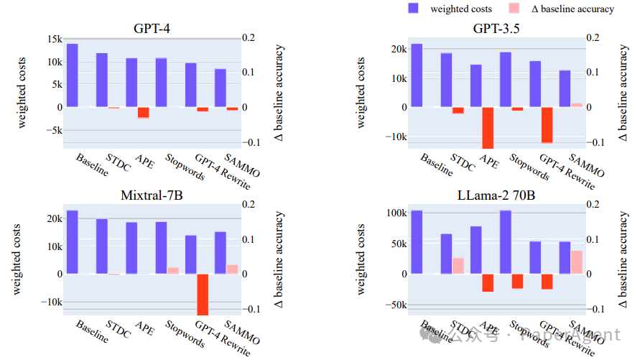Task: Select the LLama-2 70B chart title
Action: (496, 195)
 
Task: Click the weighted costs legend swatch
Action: (414, 9)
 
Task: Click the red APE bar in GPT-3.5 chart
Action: (488, 127)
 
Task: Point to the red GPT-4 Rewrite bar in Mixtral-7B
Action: (203, 294)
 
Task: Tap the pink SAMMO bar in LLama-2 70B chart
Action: (576, 262)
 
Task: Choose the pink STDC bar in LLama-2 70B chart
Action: (458, 266)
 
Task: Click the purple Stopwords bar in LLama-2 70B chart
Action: (506, 242)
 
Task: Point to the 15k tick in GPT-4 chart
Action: (52, 40)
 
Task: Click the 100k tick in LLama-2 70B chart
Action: (396, 213)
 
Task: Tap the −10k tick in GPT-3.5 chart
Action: (394, 137)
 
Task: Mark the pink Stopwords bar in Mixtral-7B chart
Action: (173, 270)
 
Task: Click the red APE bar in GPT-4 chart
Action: (143, 112)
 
